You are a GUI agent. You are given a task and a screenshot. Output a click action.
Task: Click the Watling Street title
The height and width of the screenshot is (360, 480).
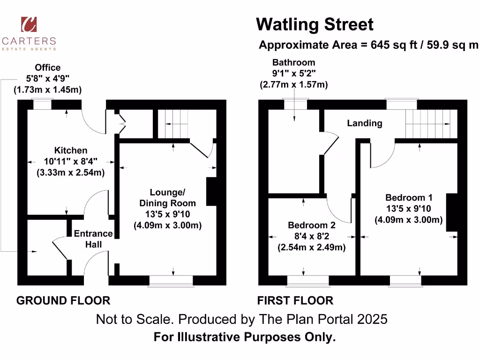point(315,24)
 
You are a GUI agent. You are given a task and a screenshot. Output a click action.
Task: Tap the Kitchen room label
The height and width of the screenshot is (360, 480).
point(71,150)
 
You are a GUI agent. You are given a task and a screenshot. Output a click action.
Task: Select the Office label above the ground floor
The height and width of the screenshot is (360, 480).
point(47,67)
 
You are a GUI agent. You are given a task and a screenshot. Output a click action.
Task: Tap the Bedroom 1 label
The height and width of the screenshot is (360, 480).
point(408,197)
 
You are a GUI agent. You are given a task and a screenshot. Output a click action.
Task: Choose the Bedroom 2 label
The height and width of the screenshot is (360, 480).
point(311,225)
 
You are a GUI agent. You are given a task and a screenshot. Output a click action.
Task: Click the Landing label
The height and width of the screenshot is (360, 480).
point(364,123)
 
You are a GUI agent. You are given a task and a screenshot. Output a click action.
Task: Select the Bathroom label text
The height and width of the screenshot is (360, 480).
point(293,62)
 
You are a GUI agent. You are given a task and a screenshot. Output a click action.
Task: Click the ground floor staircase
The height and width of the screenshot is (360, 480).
point(174,124)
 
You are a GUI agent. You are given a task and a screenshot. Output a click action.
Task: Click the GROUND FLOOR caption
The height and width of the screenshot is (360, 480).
point(63,300)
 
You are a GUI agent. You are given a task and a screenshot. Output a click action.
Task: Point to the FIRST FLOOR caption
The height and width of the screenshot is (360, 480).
point(295,300)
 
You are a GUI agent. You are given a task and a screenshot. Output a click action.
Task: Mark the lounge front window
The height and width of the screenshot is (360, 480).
point(171,280)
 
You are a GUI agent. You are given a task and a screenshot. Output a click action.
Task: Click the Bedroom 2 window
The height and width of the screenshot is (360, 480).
point(307,280)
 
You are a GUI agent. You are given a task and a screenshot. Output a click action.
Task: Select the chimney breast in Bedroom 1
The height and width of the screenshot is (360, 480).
point(451,212)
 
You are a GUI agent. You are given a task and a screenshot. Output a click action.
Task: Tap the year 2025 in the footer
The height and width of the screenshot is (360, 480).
point(372,319)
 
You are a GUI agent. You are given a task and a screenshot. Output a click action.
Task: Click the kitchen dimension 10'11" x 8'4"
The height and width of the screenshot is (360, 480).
point(71,161)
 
